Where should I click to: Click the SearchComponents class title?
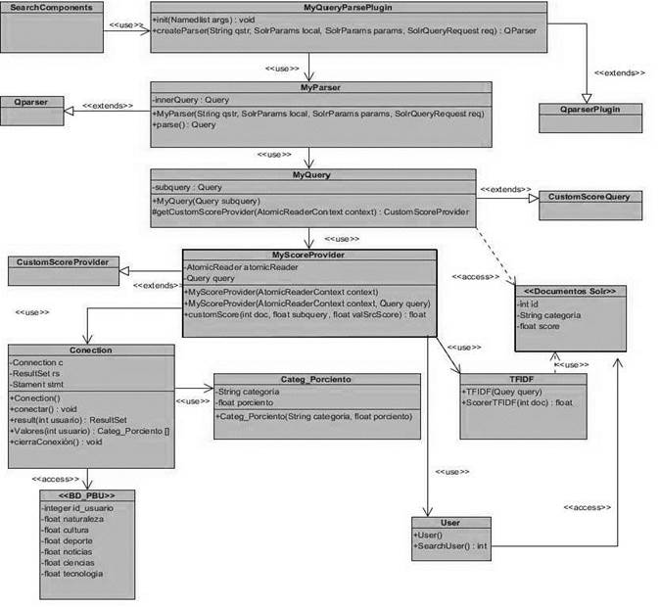click(52, 7)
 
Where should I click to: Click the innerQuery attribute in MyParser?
click(192, 100)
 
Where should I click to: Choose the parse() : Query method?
click(185, 125)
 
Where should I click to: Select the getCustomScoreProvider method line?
click(310, 211)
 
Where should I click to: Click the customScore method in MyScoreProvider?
click(306, 314)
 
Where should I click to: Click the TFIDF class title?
click(522, 377)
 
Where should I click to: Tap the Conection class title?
click(90, 350)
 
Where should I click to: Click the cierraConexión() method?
click(59, 443)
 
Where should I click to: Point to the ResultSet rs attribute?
click(39, 374)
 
